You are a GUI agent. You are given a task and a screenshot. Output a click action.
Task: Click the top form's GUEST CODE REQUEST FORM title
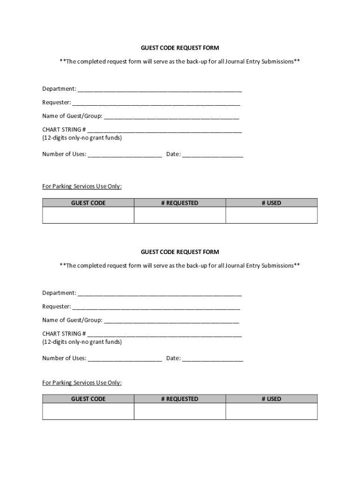[x=180, y=48]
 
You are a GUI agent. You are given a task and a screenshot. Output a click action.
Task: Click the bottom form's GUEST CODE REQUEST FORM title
[x=180, y=252]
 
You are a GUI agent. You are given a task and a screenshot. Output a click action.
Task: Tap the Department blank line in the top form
[x=159, y=89]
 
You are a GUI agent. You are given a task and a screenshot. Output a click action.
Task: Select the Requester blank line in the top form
[x=156, y=103]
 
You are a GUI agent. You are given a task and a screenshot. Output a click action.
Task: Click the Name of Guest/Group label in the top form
[x=72, y=116]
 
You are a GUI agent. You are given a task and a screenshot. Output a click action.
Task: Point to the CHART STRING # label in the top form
[x=64, y=130]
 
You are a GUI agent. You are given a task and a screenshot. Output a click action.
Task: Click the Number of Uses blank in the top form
[x=125, y=155]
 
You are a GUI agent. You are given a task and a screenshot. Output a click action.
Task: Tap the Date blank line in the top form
[x=213, y=155]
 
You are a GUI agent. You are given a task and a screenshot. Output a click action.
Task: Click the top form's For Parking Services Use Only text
[x=82, y=186]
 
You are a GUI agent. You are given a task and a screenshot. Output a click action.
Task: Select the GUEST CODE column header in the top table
[x=88, y=203]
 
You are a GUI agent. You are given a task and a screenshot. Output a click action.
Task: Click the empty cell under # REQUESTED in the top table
[x=180, y=215]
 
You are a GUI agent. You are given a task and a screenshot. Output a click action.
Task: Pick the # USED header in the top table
[x=271, y=203]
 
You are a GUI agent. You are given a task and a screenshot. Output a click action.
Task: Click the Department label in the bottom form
[x=59, y=293]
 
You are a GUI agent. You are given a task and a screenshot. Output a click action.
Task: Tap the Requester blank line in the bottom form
[x=156, y=307]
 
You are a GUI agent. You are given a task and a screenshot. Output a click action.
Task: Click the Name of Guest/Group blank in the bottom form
[x=171, y=321]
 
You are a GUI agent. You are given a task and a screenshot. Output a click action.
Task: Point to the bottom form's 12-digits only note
[x=82, y=342]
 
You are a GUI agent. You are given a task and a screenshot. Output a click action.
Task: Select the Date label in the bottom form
[x=173, y=358]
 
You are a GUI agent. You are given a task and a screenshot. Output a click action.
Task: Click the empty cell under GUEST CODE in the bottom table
[x=88, y=411]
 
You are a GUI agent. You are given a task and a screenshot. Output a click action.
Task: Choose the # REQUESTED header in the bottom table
[x=180, y=399]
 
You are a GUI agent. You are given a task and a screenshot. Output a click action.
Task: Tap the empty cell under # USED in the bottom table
[x=271, y=411]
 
